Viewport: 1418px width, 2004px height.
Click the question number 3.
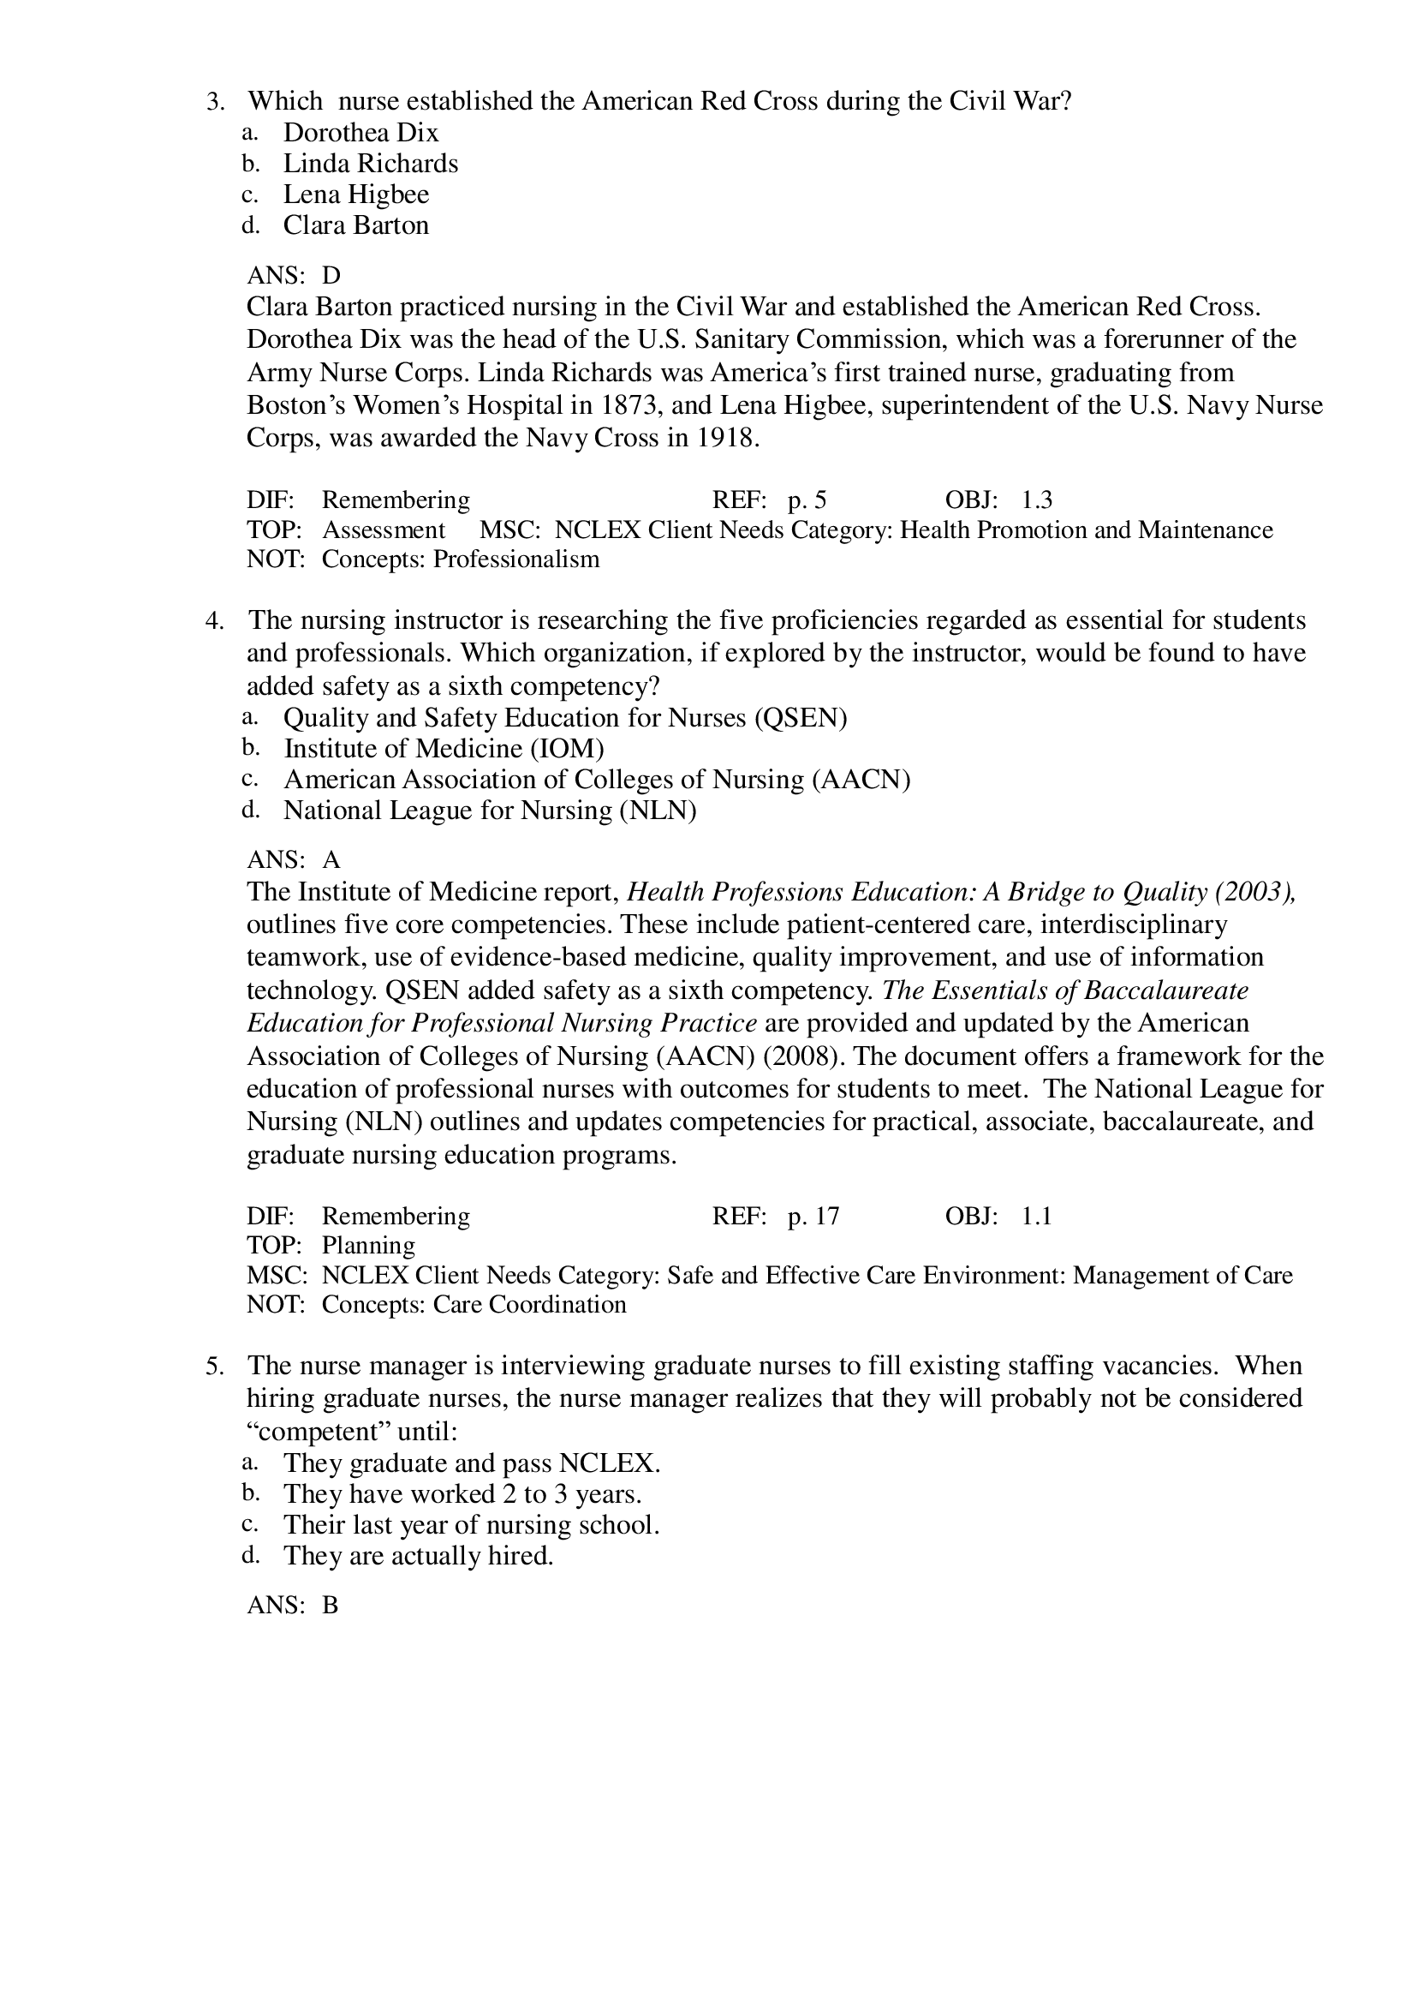(x=214, y=101)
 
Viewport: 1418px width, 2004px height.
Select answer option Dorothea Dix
(x=360, y=133)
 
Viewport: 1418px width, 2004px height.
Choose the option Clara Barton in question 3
(x=355, y=225)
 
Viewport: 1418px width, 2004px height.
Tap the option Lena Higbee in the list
(x=355, y=194)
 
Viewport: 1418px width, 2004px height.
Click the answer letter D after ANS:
(x=331, y=276)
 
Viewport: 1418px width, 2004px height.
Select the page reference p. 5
(x=806, y=500)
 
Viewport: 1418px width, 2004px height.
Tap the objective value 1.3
(x=1036, y=500)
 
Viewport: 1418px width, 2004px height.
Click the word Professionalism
(x=516, y=559)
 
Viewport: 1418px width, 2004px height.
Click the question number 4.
(x=214, y=621)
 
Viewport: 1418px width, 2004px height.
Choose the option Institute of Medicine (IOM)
(x=444, y=749)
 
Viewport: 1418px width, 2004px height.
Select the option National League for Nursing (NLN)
(x=490, y=811)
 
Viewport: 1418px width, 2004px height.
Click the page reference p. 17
(x=812, y=1217)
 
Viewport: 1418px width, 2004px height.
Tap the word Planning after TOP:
(x=367, y=1246)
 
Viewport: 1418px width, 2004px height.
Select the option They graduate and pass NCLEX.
(x=472, y=1463)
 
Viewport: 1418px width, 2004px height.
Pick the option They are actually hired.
(x=418, y=1556)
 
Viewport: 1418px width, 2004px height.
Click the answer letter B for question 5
(x=330, y=1606)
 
